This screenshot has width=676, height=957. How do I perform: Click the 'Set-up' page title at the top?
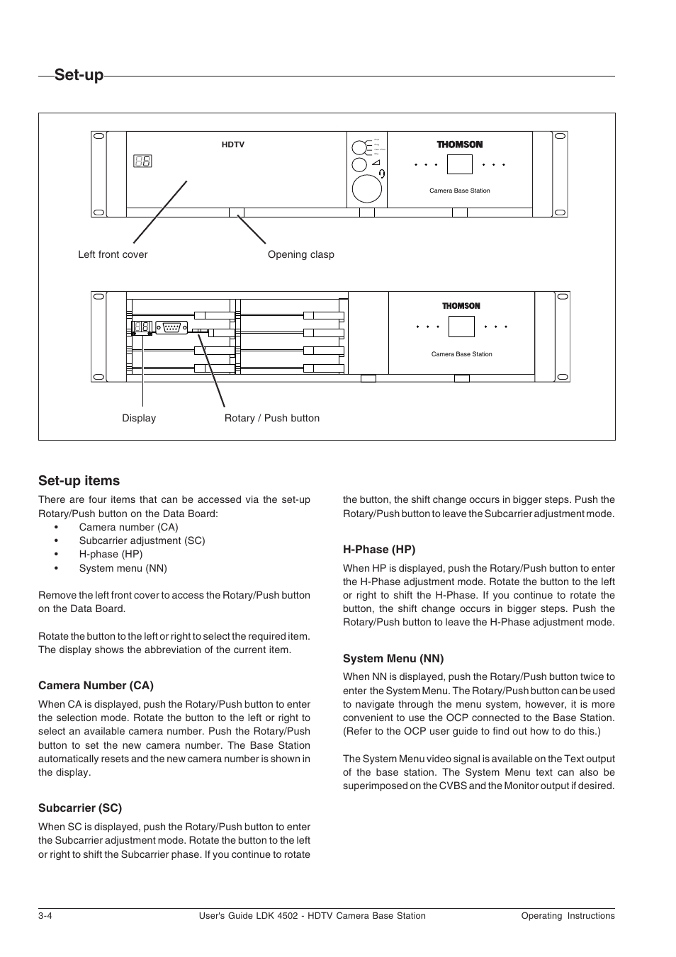point(79,74)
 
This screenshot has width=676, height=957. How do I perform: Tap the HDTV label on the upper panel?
point(233,145)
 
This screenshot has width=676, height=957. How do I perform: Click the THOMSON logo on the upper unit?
point(459,145)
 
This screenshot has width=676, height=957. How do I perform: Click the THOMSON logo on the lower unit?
point(461,306)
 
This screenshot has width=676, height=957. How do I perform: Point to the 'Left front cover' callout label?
point(113,254)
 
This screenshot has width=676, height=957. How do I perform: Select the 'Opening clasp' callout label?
point(300,254)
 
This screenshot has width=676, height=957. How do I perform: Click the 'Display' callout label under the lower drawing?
point(139,418)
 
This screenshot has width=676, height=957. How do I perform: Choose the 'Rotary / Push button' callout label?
point(272,418)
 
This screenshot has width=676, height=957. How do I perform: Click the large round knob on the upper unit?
point(367,188)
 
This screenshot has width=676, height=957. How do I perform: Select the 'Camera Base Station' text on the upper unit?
point(460,191)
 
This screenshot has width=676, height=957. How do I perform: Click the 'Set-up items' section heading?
point(79,480)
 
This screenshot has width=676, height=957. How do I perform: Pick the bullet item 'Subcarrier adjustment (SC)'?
point(142,540)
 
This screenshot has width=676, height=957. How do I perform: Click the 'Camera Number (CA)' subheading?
point(96,685)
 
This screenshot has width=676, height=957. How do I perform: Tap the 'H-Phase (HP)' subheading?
point(379,549)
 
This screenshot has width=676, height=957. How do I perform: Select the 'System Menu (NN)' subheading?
point(393,658)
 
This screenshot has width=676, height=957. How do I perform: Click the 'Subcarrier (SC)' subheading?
point(80,808)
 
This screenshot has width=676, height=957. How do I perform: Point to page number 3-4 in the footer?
point(46,915)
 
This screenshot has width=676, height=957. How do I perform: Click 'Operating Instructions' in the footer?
point(568,915)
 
